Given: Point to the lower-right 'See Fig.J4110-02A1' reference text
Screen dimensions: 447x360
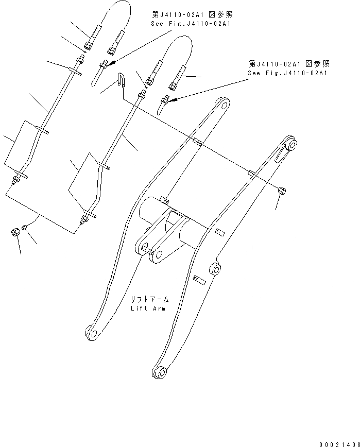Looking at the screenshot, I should coord(288,73).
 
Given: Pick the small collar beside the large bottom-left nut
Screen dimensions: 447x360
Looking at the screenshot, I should coord(26,227).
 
